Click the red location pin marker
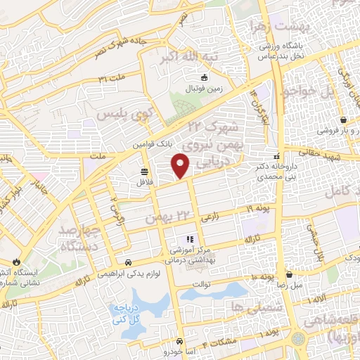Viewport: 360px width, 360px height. tap(181, 165)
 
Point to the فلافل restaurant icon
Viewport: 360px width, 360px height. tap(144, 172)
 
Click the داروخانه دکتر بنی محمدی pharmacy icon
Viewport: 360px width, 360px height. tap(278, 156)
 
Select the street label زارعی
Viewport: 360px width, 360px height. tap(210, 219)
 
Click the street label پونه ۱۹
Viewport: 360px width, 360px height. tap(258, 209)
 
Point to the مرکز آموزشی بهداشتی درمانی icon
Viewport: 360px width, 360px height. tap(189, 240)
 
